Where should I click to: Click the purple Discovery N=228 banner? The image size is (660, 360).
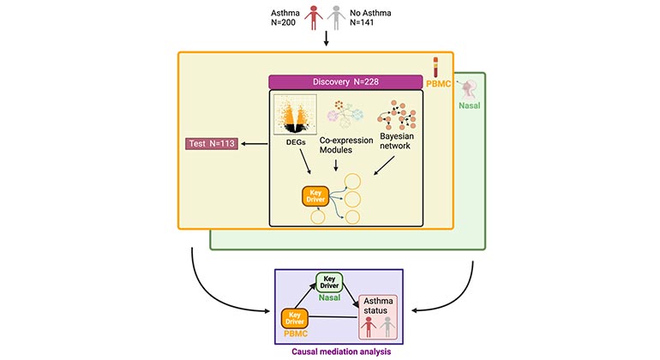tap(347, 82)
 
